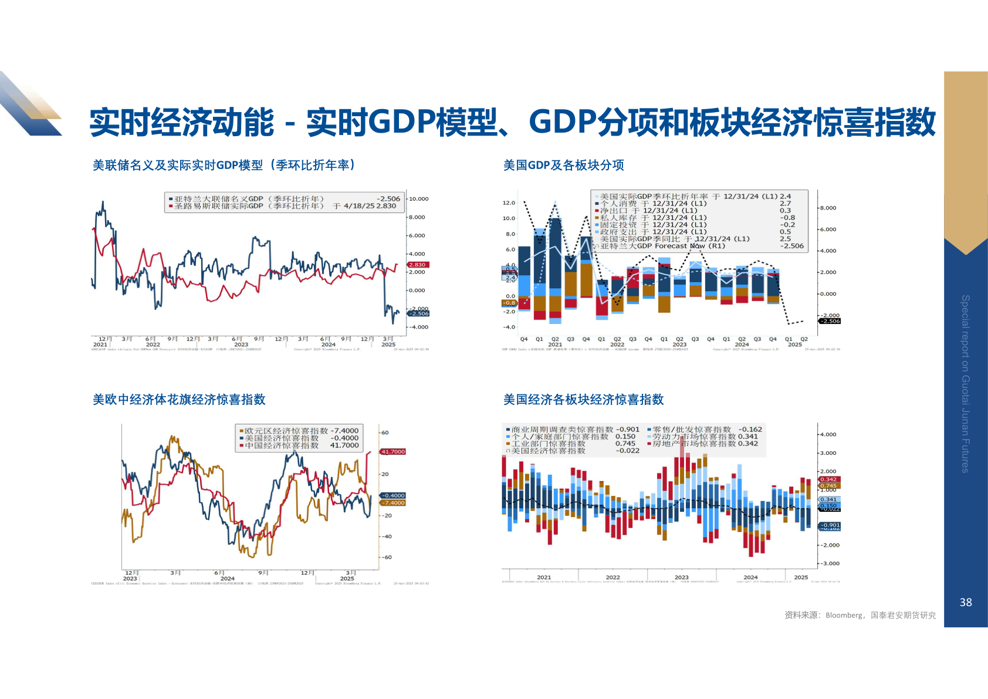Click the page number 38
(966, 602)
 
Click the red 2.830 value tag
(418, 265)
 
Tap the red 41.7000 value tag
(393, 451)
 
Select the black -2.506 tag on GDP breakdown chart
(830, 321)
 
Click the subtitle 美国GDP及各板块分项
(563, 166)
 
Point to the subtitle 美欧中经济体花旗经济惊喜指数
(179, 400)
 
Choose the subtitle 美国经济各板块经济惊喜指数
(583, 400)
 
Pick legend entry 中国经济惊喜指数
(281, 445)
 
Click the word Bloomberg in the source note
(844, 615)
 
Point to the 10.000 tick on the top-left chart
(418, 199)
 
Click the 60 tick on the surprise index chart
(385, 433)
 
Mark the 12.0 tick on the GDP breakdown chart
(509, 203)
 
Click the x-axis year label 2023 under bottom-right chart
(681, 578)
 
